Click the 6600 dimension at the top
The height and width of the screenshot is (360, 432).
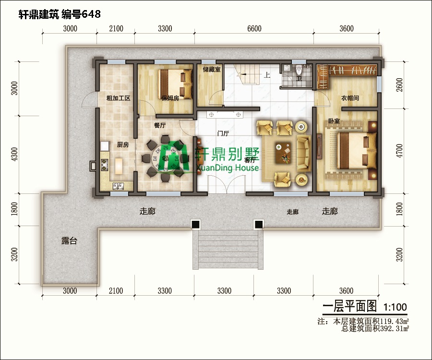click(x=254, y=29)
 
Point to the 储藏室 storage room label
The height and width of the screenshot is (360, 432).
click(x=211, y=70)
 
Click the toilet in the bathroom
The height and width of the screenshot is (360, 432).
click(x=299, y=70)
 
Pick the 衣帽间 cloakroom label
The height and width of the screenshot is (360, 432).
click(x=350, y=98)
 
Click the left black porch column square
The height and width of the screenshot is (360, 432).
click(x=195, y=224)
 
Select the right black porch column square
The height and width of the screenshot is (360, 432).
click(x=259, y=224)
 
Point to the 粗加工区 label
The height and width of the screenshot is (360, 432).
click(x=118, y=98)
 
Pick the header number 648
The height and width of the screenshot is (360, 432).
click(x=91, y=14)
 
